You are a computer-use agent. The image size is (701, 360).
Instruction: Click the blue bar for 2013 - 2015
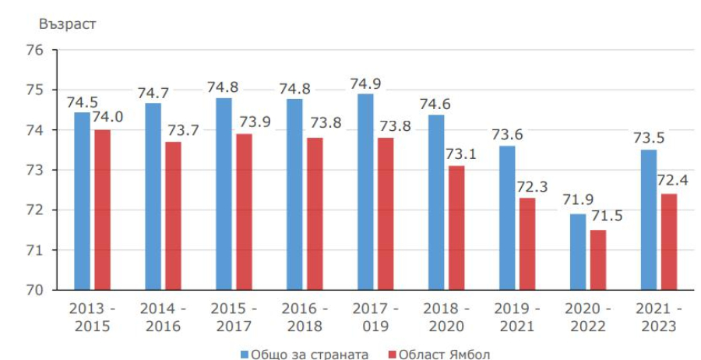pyautogui.click(x=83, y=201)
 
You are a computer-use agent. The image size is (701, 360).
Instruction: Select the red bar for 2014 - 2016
pyautogui.click(x=173, y=216)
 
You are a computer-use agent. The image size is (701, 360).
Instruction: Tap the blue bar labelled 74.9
pyautogui.click(x=365, y=192)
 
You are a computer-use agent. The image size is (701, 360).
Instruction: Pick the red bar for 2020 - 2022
pyautogui.click(x=597, y=259)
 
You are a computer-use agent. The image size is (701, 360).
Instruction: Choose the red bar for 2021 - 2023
pyautogui.click(x=668, y=242)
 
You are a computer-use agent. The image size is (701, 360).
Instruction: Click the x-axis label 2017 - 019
pyautogui.click(x=375, y=316)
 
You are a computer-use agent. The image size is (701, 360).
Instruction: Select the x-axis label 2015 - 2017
pyautogui.click(x=234, y=316)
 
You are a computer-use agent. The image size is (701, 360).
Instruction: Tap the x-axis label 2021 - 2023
pyautogui.click(x=658, y=316)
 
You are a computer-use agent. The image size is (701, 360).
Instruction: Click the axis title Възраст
pyautogui.click(x=67, y=23)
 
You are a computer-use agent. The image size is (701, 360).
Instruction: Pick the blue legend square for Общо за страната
pyautogui.click(x=245, y=355)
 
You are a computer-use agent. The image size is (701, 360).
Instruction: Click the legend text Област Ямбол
pyautogui.click(x=444, y=355)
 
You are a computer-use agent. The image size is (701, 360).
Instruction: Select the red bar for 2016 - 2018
pyautogui.click(x=315, y=214)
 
